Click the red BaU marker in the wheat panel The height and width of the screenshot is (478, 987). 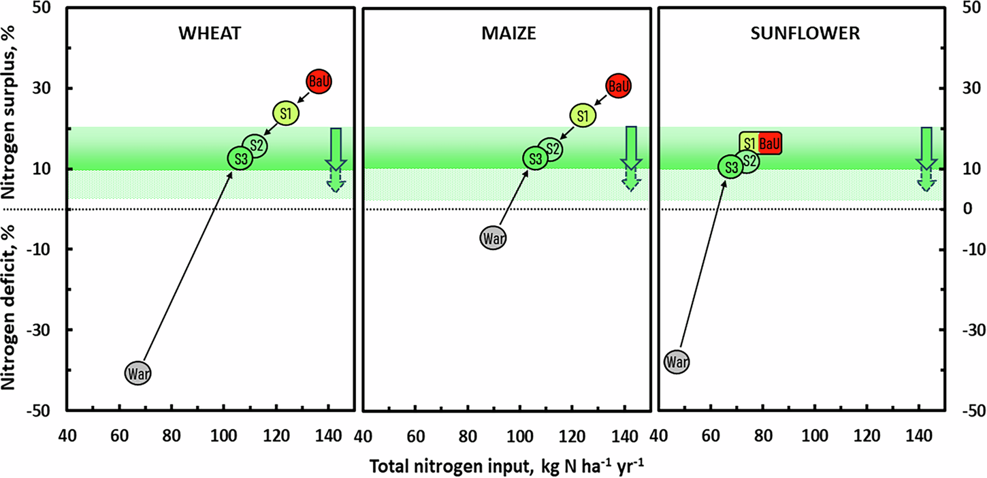pyautogui.click(x=319, y=82)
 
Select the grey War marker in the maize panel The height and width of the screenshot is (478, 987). pyautogui.click(x=493, y=238)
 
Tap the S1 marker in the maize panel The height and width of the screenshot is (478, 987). pyautogui.click(x=582, y=116)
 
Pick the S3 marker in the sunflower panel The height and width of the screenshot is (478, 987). pyautogui.click(x=730, y=166)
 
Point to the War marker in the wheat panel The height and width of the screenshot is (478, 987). pyautogui.click(x=138, y=372)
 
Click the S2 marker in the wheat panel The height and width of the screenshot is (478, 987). pyautogui.click(x=255, y=145)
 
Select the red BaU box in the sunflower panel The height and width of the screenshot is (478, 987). pyautogui.click(x=769, y=143)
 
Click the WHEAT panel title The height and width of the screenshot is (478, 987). pyautogui.click(x=209, y=34)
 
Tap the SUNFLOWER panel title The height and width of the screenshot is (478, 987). pyautogui.click(x=800, y=34)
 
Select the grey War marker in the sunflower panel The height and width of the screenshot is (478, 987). pyautogui.click(x=677, y=362)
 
